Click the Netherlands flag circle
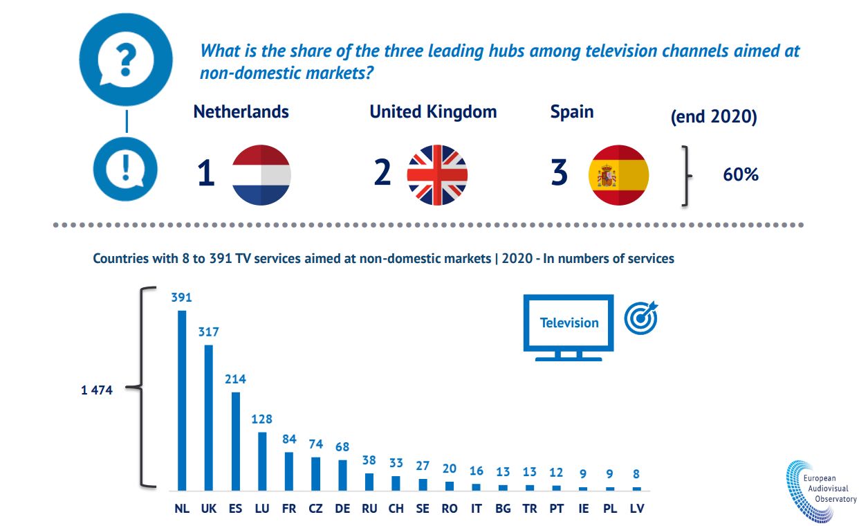click(x=261, y=175)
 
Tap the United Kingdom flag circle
click(x=437, y=175)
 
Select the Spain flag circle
click(x=618, y=175)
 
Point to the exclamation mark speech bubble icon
click(x=125, y=169)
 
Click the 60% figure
click(x=741, y=175)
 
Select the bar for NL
click(x=182, y=400)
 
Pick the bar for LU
click(x=262, y=461)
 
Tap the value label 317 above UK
click(x=208, y=332)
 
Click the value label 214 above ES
click(x=235, y=379)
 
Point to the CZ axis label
click(x=315, y=509)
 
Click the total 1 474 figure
click(x=97, y=390)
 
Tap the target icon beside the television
click(x=641, y=318)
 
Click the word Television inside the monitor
click(x=569, y=323)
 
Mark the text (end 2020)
click(x=714, y=117)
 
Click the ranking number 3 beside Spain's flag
click(x=559, y=173)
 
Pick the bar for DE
click(x=342, y=475)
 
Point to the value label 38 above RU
click(x=369, y=460)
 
